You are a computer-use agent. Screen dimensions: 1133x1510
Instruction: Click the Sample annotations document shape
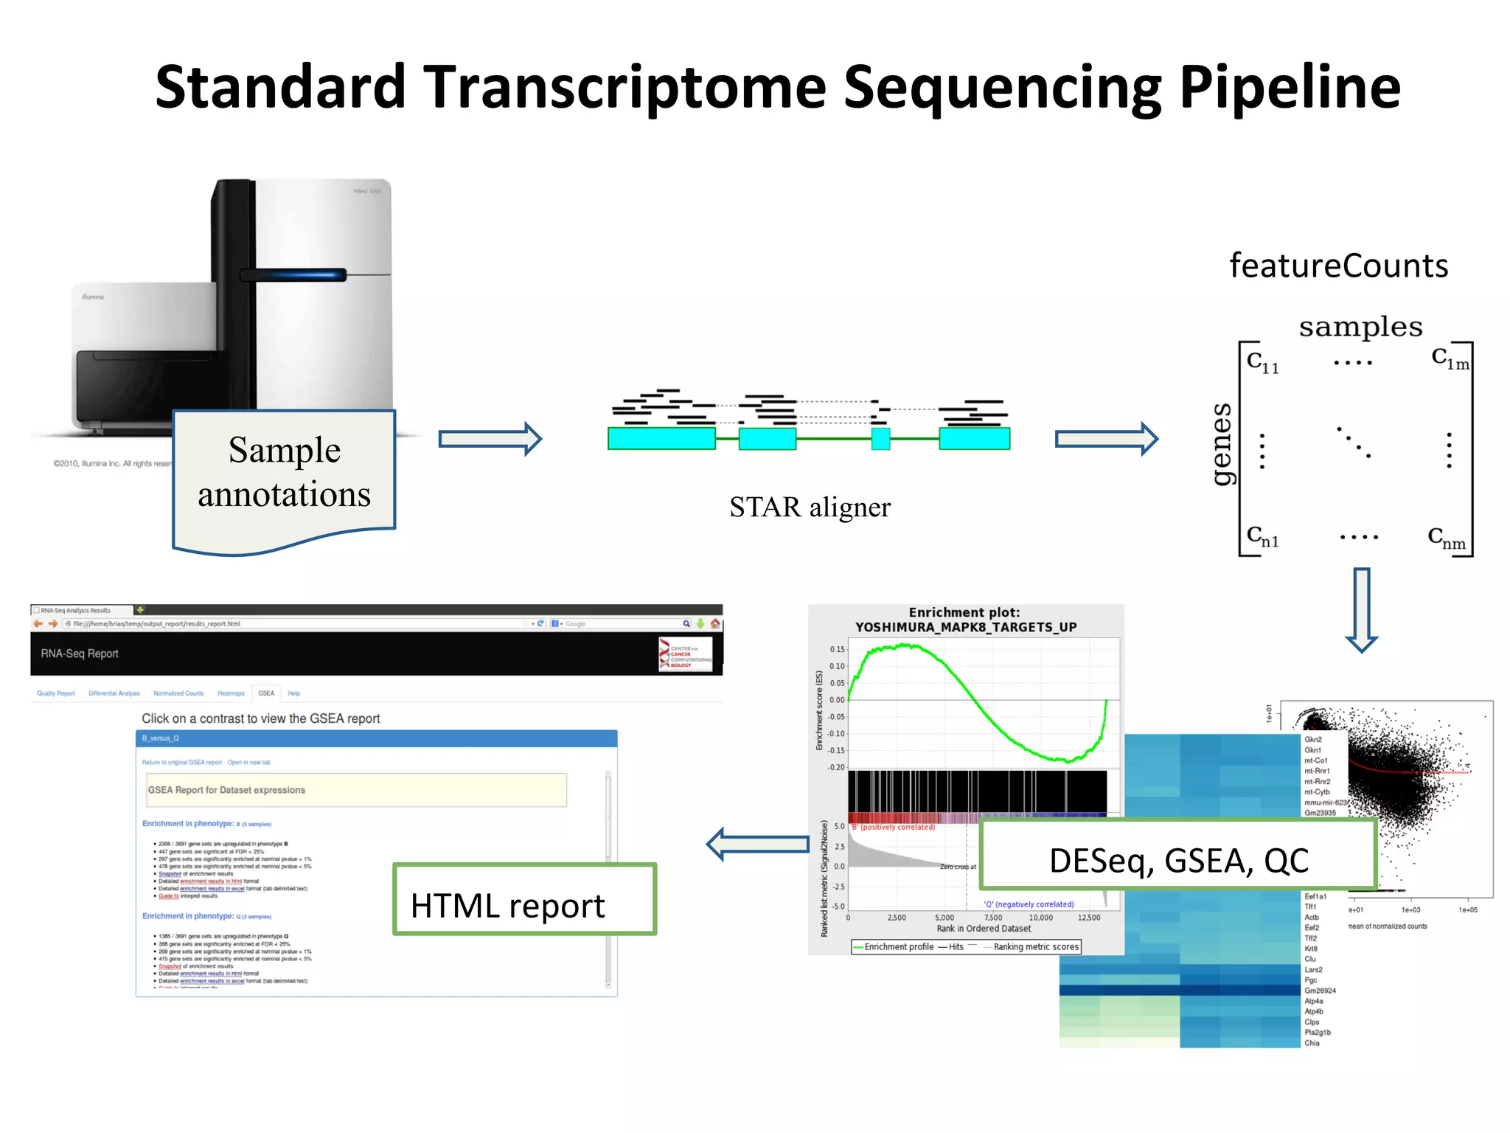284,473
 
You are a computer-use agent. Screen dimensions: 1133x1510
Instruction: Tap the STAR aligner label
810,507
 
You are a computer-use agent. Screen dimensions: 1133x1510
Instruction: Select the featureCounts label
1338,266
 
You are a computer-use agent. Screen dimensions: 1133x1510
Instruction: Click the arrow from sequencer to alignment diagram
490,440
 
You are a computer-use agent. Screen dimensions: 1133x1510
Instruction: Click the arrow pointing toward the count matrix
1106,440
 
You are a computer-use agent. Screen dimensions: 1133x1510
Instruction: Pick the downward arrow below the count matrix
1361,609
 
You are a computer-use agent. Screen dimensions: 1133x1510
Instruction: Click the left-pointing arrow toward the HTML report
757,844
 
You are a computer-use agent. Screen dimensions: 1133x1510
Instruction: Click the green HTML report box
524,899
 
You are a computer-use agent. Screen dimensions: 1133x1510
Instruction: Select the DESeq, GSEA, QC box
1178,856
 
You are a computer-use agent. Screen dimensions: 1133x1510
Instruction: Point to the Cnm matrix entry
1446,538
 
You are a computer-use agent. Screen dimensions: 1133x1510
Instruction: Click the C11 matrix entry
1262,362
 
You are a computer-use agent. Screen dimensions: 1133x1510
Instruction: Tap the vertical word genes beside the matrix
1222,444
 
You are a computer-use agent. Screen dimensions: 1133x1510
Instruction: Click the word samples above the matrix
1360,327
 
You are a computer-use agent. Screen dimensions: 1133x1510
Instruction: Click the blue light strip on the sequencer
293,275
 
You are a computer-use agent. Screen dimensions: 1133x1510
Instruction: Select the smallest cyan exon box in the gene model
880,439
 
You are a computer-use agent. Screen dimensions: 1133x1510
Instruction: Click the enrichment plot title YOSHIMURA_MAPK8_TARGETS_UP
965,627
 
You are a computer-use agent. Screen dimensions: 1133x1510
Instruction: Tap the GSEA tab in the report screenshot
266,693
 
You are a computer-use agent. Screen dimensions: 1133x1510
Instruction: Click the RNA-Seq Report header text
80,654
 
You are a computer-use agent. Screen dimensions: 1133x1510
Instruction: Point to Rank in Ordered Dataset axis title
984,929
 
